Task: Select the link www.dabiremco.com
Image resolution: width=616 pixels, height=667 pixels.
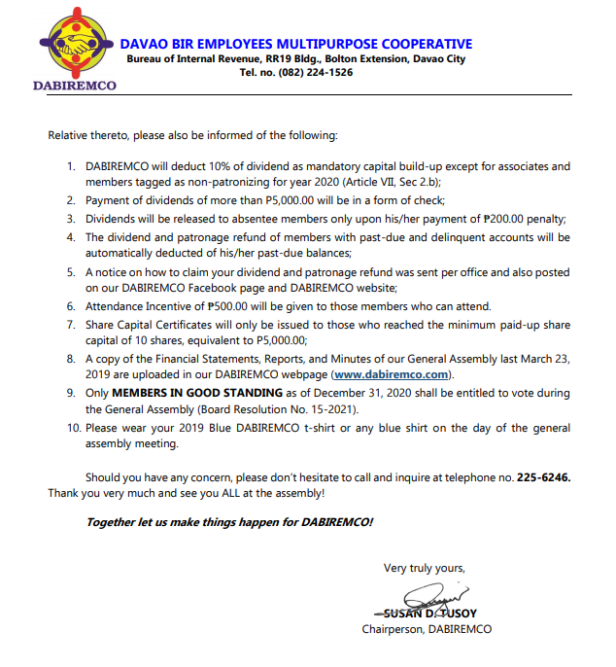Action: click(392, 374)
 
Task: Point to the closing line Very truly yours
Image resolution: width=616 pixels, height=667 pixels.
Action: click(425, 568)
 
